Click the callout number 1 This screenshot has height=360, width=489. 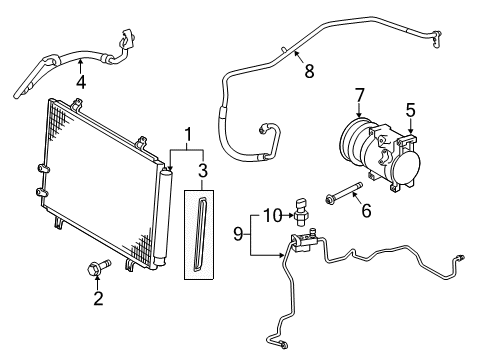tap(186, 133)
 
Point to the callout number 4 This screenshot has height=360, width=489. tap(81, 82)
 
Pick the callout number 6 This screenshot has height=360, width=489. tap(366, 211)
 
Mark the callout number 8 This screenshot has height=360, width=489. tap(309, 71)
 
